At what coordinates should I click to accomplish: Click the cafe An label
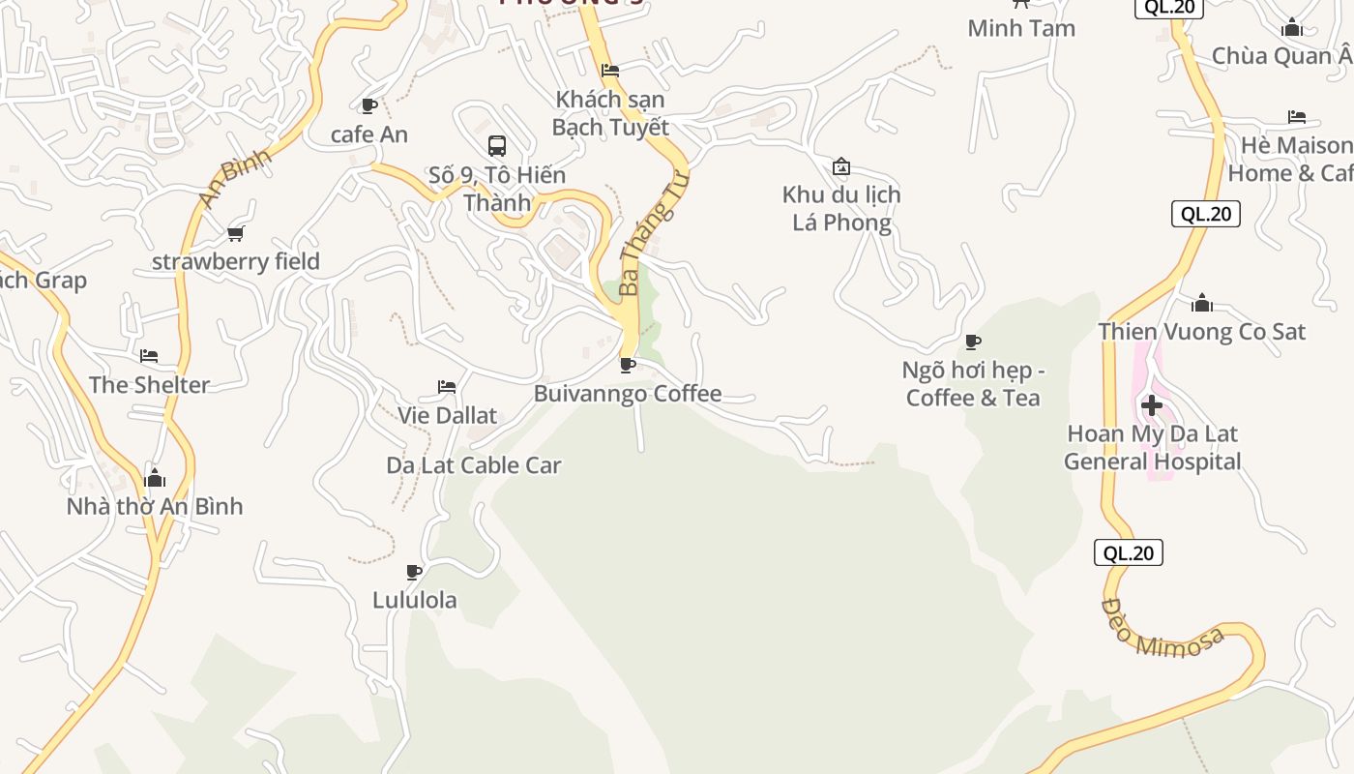point(369,134)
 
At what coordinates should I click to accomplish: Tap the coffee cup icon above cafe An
point(368,105)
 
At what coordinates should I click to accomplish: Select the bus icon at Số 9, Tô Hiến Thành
point(497,146)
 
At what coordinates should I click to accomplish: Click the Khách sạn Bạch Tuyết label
point(610,113)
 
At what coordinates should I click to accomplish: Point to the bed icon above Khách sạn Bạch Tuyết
point(610,71)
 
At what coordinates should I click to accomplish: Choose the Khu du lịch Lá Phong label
point(841,208)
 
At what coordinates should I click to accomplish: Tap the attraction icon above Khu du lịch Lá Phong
point(841,166)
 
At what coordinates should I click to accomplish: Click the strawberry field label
point(236,261)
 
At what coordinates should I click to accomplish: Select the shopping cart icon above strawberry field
point(235,233)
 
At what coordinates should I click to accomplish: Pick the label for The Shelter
point(149,385)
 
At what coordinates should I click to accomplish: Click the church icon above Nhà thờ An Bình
point(155,478)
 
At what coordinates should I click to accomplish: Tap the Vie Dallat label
point(447,416)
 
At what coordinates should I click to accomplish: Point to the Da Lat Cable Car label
point(474,465)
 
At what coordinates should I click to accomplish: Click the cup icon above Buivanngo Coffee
point(627,365)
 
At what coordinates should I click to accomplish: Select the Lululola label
point(415,600)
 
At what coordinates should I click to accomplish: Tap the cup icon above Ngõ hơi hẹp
point(973,342)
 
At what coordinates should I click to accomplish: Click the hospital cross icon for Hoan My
point(1152,404)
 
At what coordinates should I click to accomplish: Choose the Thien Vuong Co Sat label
point(1201,332)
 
